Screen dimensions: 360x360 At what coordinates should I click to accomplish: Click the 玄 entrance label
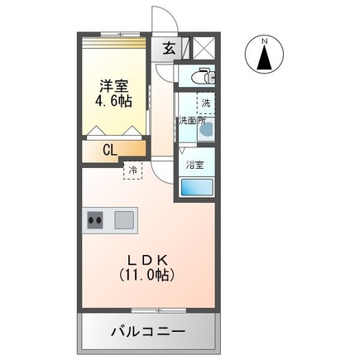point(169,48)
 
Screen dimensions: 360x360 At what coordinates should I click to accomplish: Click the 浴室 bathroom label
point(196,164)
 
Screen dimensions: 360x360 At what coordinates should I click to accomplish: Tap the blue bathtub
point(196,186)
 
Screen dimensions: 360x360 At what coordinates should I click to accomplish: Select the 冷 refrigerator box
point(132,170)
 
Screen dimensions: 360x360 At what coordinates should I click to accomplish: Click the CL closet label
point(109,150)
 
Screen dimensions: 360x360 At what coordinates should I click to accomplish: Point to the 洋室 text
point(114,85)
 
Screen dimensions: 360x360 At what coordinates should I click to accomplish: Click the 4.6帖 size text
point(114,102)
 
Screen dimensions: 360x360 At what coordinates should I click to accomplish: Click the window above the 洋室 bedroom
point(113,35)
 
